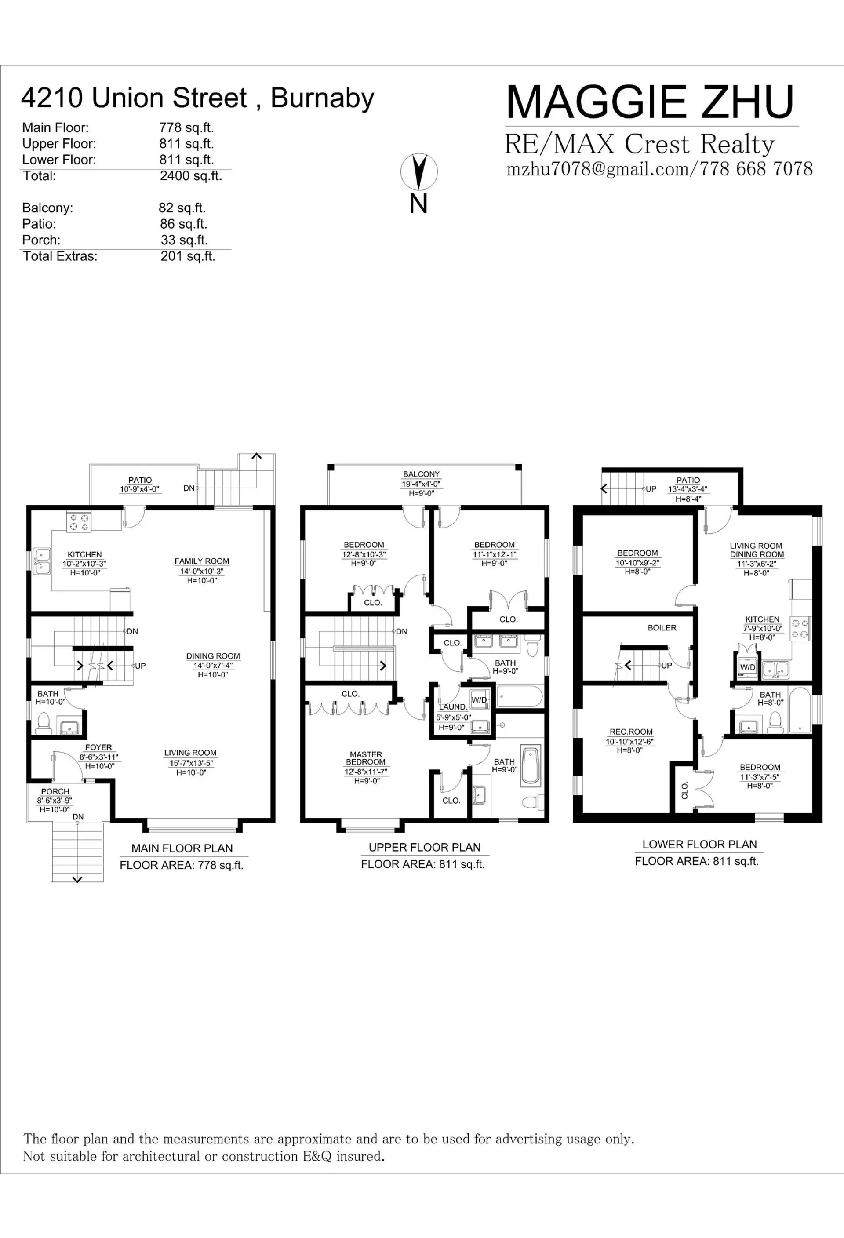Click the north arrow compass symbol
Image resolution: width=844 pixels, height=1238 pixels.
(x=419, y=172)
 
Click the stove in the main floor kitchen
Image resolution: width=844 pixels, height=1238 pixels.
(x=78, y=521)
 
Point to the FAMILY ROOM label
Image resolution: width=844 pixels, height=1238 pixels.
(x=202, y=561)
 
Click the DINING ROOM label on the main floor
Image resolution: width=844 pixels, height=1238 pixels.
(x=213, y=656)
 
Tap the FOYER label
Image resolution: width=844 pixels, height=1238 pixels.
(x=98, y=747)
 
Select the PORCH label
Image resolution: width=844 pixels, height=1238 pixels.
(x=55, y=792)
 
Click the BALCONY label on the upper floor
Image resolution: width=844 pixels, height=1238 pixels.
(x=421, y=474)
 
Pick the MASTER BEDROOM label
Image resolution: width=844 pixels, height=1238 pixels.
(x=366, y=758)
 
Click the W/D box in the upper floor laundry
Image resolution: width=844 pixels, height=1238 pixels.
(x=479, y=700)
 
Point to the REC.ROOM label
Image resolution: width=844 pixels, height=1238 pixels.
(x=631, y=732)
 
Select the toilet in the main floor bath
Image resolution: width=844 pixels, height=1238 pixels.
(x=43, y=723)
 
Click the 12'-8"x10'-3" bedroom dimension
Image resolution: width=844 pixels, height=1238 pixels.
(x=364, y=554)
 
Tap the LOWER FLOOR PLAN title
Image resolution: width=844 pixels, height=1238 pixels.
(x=699, y=845)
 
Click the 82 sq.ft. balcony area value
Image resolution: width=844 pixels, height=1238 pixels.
(x=182, y=208)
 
